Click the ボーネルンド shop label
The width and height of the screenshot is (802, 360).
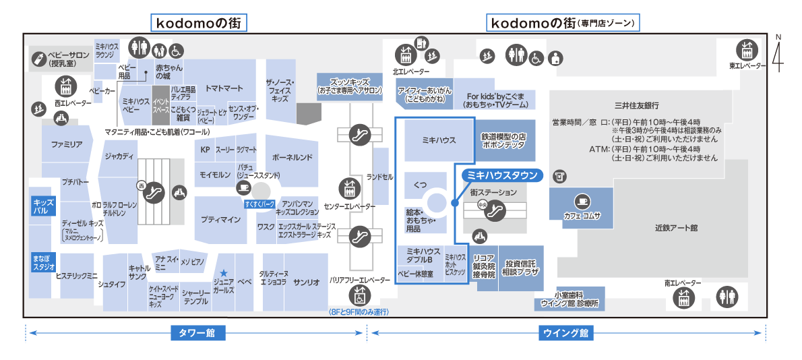pos(292,158)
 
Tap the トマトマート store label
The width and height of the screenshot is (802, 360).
pos(224,88)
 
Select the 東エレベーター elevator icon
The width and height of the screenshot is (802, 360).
pos(746,50)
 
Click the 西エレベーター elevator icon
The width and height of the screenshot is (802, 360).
pos(65,87)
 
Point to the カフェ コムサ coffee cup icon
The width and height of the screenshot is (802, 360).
pos(582,201)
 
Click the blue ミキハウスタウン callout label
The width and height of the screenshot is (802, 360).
pos(502,175)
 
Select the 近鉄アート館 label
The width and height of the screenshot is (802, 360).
pos(675,228)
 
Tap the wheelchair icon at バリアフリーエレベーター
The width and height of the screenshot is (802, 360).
pos(360,295)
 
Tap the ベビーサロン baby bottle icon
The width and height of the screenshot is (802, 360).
pos(40,59)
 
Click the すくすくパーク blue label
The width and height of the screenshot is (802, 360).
pos(259,203)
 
